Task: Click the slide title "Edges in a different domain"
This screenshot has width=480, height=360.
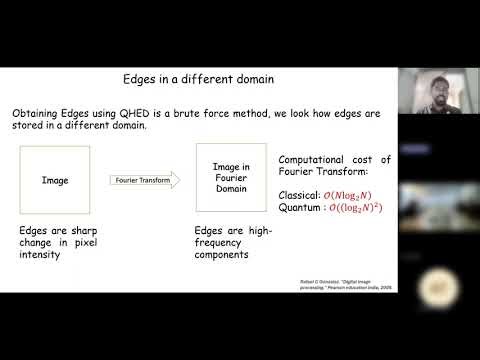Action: click(198, 79)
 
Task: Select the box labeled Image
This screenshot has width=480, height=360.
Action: click(54, 181)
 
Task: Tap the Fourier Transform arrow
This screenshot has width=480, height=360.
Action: click(144, 180)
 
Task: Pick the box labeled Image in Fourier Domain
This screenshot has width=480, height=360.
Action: click(231, 177)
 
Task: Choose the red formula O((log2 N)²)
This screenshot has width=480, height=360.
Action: click(362, 208)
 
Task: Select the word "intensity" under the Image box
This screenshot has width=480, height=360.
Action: click(43, 254)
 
